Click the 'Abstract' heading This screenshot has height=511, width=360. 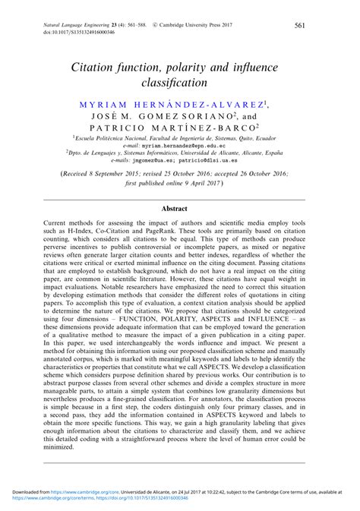coord(180,207)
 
